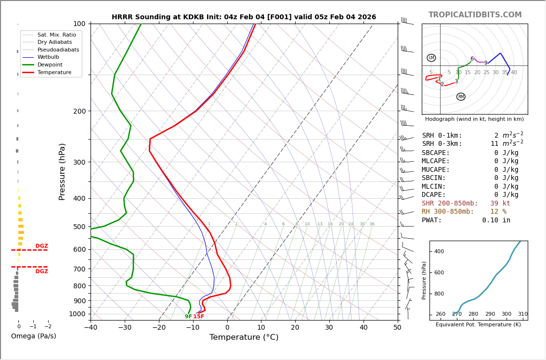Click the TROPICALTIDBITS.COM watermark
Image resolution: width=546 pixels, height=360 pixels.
click(475, 15)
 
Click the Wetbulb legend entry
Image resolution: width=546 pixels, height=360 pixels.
click(48, 57)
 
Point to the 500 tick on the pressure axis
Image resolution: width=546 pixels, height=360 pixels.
click(79, 227)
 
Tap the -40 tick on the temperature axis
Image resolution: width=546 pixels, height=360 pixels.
click(91, 328)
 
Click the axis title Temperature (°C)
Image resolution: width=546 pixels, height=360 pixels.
click(244, 337)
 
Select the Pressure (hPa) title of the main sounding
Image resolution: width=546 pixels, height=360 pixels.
click(62, 171)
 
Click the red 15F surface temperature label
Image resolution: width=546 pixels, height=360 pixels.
click(199, 317)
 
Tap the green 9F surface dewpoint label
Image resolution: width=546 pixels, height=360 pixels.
click(188, 317)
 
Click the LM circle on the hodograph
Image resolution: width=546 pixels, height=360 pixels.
click(431, 58)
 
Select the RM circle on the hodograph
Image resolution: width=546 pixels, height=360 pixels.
click(461, 97)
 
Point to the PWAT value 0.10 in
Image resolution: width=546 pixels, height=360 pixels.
click(496, 220)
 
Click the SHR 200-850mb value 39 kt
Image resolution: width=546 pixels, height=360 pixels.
click(500, 204)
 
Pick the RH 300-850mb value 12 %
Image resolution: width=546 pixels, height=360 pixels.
click(498, 212)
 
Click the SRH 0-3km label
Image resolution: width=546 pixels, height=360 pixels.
click(442, 144)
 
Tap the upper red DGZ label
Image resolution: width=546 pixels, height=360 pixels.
click(41, 246)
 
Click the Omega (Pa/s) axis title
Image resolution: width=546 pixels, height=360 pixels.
click(33, 336)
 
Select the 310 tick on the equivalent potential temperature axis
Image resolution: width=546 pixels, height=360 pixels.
click(522, 314)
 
